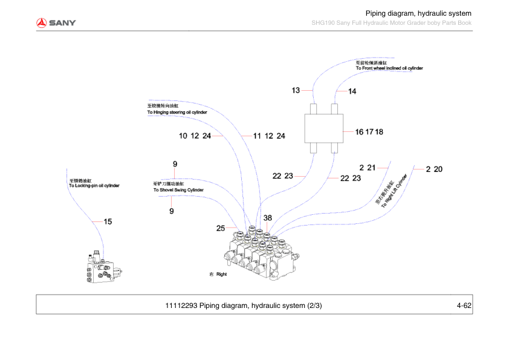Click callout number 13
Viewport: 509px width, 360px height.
pos(296,90)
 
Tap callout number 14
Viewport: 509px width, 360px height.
pos(352,91)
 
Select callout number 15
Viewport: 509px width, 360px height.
pos(108,221)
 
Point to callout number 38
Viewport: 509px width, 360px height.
pos(268,218)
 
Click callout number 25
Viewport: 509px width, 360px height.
pos(221,228)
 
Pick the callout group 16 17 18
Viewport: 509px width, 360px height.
pos(369,131)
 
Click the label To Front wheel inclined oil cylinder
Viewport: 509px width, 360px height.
pos(389,68)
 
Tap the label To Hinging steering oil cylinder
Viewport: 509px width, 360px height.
pos(177,113)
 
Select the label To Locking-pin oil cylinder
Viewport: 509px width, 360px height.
pos(94,185)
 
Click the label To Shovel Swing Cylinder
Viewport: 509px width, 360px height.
pos(178,190)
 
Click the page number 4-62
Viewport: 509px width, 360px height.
pos(464,305)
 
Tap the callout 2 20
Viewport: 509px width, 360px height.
pos(434,169)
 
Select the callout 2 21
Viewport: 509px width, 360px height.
pos(368,168)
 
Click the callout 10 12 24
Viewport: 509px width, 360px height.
pos(195,136)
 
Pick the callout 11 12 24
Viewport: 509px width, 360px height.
pos(269,136)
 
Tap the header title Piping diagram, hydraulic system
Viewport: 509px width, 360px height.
pos(418,13)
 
